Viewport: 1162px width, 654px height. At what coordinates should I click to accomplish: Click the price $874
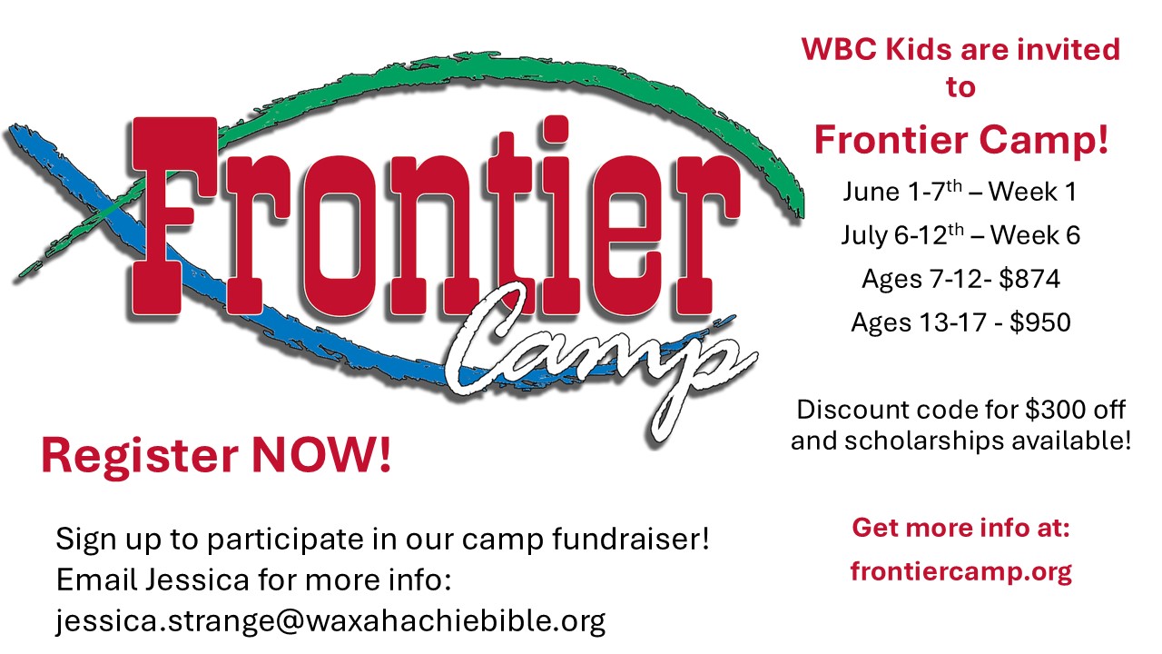1029,279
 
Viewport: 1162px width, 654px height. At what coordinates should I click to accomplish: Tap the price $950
1040,322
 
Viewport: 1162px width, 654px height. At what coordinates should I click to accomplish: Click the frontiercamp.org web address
960,571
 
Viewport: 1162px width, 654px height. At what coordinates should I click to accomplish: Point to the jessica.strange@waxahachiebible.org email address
330,619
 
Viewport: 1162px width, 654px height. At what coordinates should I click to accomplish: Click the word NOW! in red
321,455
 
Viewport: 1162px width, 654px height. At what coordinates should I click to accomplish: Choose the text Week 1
1032,192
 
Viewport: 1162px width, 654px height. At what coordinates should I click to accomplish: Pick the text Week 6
1036,235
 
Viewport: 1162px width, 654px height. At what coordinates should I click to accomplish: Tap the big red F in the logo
173,215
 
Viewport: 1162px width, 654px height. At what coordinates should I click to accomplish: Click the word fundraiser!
630,539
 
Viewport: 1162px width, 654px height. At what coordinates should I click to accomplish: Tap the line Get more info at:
960,528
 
